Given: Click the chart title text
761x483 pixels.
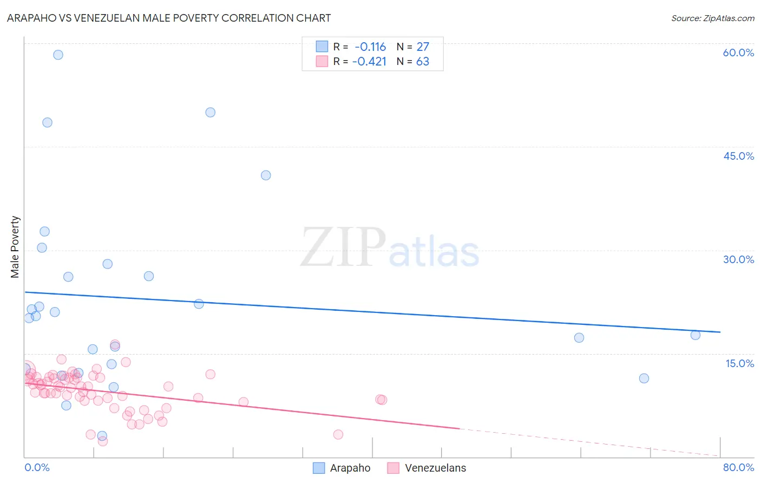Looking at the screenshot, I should tap(169, 18).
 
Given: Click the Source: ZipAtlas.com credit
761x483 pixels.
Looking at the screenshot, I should tap(712, 18).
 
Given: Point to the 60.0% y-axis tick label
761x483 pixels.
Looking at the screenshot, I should tap(738, 53).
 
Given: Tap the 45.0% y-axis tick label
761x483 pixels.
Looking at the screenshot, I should tap(738, 156).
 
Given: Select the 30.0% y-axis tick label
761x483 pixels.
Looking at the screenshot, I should tap(738, 259).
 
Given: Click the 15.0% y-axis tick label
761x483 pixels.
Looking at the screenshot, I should tap(739, 363).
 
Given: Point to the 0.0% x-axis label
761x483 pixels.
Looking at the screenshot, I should tap(37, 467).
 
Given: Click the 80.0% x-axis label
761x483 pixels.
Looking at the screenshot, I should tap(738, 467).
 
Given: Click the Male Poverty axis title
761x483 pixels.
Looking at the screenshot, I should tap(15, 247).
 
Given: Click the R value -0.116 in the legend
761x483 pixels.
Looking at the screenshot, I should tap(370, 47).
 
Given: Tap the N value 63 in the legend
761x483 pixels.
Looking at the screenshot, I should tap(422, 62).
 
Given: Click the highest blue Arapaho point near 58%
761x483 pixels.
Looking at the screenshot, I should tap(58, 55).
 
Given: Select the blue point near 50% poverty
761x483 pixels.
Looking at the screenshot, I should tap(211, 113).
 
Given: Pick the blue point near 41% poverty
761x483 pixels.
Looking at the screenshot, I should tap(266, 175).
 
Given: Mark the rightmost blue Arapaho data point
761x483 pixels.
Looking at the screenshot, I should tap(696, 335).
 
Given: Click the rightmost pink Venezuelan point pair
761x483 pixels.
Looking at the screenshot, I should tap(381, 400).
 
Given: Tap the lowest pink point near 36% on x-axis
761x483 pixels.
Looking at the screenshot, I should tap(338, 434).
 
